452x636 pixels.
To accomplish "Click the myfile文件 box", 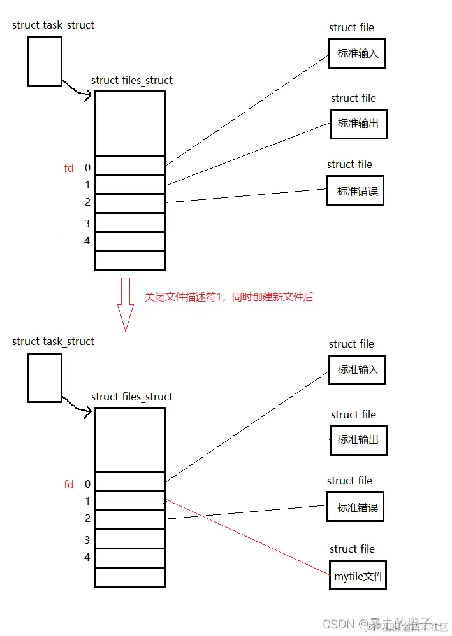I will coord(358,577).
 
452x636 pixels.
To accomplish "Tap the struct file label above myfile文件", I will coord(352,549).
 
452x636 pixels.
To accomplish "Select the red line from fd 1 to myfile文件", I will coord(249,539).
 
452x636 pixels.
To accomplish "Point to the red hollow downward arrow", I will coord(126,304).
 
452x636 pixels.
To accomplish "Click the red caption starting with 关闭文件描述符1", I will coord(229,297).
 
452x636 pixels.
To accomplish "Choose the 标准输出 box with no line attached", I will coord(358,440).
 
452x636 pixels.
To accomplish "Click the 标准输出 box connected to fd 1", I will coord(358,124).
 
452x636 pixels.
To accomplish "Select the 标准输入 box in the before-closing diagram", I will coord(357,53).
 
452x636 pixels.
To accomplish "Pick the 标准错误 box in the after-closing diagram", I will coord(355,507).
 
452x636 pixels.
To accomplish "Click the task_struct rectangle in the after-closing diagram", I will coord(45,378).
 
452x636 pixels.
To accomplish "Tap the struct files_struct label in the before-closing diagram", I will coord(132,80).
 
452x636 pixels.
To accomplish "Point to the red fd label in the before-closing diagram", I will coord(69,168).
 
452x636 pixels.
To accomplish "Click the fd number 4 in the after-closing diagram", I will coord(87,558).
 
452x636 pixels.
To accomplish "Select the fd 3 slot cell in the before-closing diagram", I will coord(129,223).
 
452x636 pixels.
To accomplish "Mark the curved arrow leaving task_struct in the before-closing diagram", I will coord(77,90).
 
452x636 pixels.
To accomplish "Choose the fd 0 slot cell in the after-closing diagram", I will coord(129,481).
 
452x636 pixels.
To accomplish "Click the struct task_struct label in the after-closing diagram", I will coord(53,341).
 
